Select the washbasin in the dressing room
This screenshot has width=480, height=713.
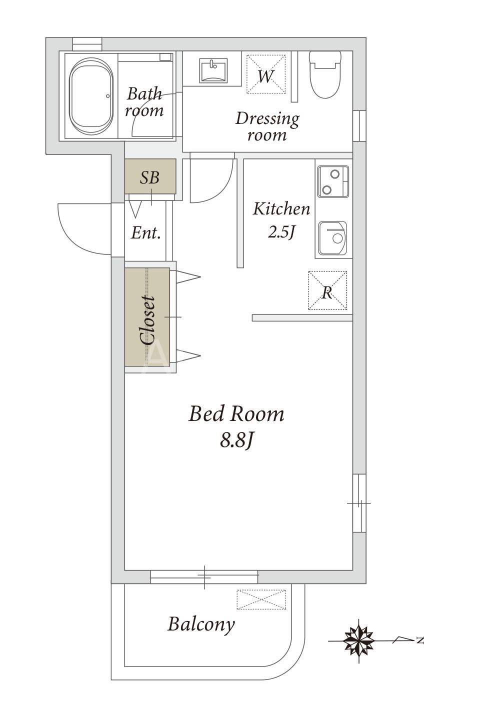(x=213, y=71)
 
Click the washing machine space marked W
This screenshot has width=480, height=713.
(x=266, y=74)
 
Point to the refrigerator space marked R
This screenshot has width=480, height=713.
(x=327, y=290)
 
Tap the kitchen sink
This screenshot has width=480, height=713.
(x=332, y=238)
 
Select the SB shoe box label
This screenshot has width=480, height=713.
(x=149, y=177)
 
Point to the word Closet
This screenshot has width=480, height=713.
(x=148, y=320)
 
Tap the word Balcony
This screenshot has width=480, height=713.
(x=201, y=624)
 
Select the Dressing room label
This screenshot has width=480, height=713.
(x=267, y=126)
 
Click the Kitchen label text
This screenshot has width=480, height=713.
(x=281, y=209)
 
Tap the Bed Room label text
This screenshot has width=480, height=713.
(x=236, y=414)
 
